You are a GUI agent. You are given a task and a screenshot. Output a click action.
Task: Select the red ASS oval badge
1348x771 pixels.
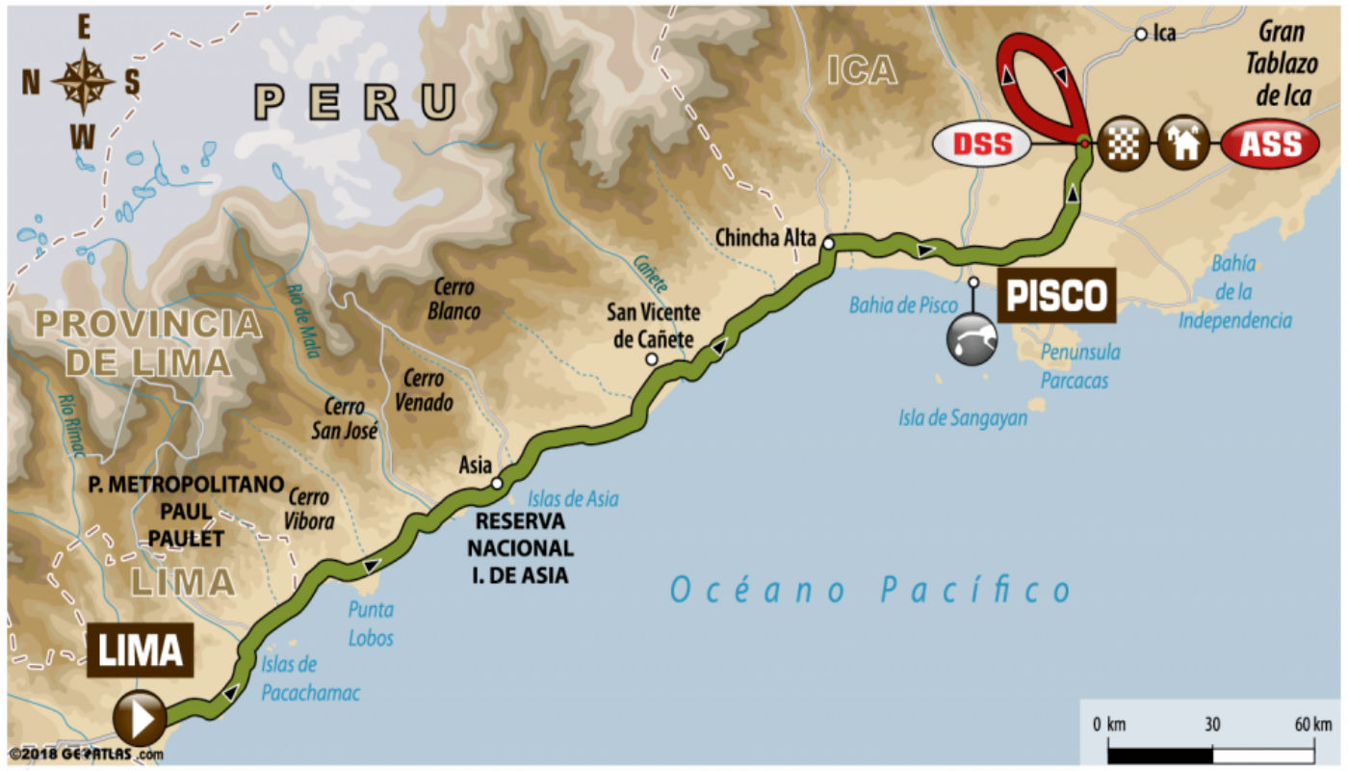tap(1269, 145)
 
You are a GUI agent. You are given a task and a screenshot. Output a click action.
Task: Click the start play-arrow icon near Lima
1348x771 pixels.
tap(140, 718)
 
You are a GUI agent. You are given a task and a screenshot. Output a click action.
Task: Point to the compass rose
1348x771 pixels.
tap(83, 83)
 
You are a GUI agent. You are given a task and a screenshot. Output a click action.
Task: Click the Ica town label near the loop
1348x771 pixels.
tap(1164, 34)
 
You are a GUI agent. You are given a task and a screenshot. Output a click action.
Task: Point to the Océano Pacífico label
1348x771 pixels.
tap(870, 590)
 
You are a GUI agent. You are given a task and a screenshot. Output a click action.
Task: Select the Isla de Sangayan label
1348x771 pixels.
tap(963, 418)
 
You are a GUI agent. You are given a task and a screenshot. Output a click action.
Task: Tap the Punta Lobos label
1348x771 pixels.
tap(371, 624)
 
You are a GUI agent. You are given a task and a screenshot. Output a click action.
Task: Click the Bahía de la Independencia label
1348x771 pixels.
tap(1235, 291)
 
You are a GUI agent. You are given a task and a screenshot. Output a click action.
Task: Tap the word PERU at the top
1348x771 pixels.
tap(355, 101)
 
